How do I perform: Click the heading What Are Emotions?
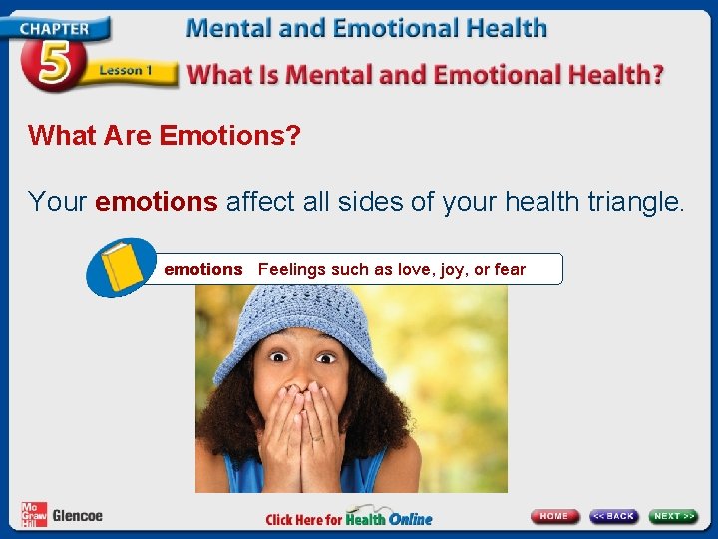coord(164,136)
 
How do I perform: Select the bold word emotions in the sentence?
coord(156,202)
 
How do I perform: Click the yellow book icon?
coord(120,267)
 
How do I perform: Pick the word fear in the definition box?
coord(509,269)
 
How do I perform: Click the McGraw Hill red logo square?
coord(33,515)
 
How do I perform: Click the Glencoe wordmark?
coord(77,516)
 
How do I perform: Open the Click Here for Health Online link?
coord(348,518)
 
